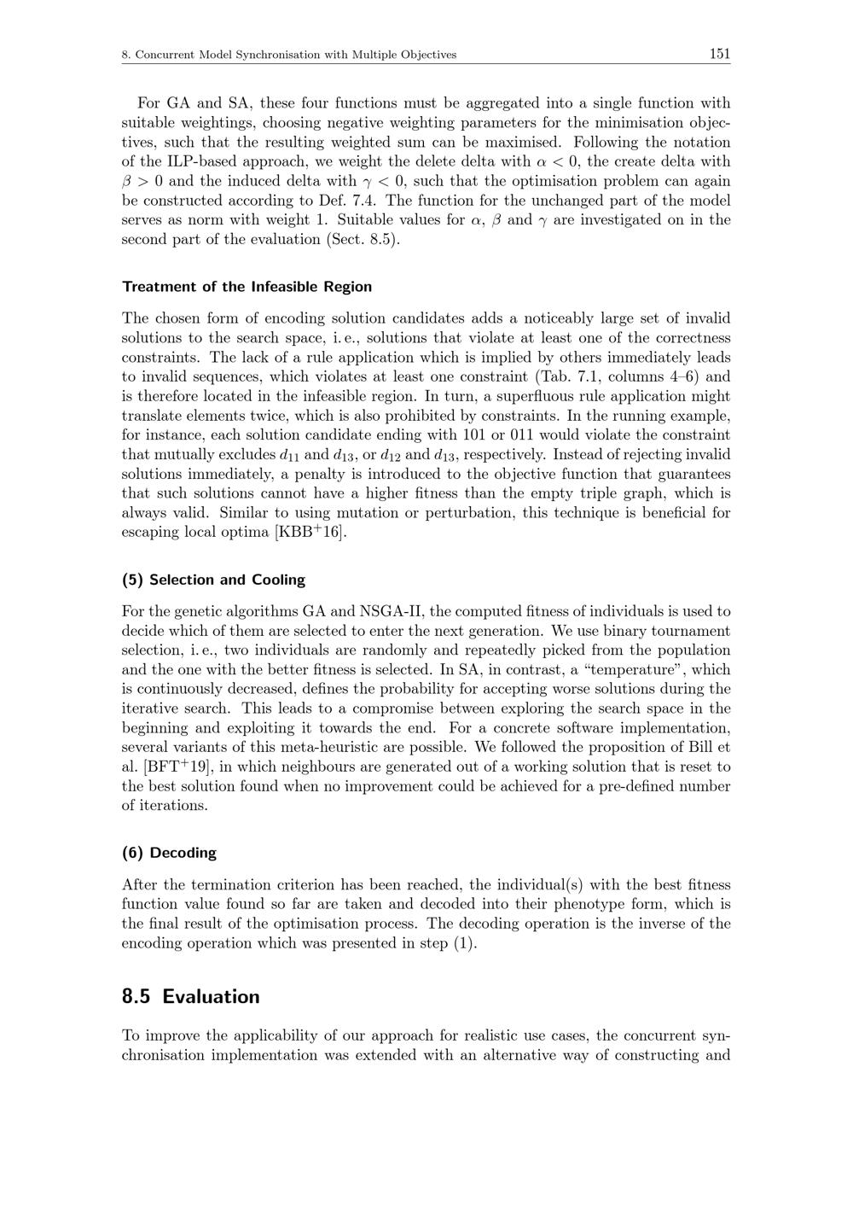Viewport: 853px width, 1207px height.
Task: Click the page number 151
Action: [719, 54]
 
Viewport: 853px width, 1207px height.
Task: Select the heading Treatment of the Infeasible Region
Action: [247, 287]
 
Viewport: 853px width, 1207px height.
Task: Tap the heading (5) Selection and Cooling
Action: [213, 580]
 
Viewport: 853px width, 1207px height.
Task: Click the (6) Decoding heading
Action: [169, 853]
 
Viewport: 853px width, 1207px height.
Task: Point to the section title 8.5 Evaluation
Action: [190, 996]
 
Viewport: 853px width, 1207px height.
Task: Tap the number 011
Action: [521, 435]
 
